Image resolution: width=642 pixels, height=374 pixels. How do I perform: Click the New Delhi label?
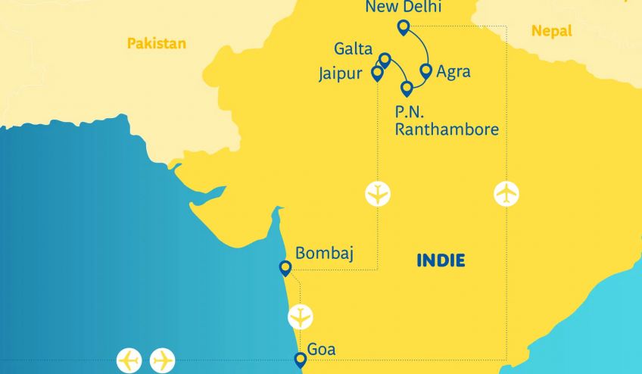pos(403,8)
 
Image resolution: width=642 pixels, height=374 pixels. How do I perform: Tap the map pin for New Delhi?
pos(404,28)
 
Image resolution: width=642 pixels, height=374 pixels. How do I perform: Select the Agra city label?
pos(453,73)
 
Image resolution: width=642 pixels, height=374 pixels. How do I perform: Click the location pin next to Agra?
pos(425,70)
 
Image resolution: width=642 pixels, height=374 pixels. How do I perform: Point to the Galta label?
pos(354,50)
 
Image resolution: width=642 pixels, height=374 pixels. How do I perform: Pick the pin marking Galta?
pos(385,59)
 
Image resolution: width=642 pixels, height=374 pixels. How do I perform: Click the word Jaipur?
pos(343,74)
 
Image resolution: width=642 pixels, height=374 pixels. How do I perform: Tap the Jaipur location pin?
pos(377,73)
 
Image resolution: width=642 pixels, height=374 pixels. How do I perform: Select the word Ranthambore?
pos(447,129)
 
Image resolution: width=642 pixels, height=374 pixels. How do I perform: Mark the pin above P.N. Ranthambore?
pos(407,88)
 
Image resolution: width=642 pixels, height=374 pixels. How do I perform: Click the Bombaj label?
pos(324,252)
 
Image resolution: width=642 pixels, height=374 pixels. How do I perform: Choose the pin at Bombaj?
pos(285,267)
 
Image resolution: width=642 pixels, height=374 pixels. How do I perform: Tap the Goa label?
pos(321,350)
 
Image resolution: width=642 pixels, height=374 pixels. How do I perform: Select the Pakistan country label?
pos(156,43)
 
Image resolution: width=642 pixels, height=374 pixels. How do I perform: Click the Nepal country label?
pos(551,31)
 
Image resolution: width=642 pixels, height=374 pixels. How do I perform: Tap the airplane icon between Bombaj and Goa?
pos(301,316)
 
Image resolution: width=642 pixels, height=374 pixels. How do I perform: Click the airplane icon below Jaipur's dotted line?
pos(377,194)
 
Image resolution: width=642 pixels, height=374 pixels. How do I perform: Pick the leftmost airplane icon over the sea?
pos(129,360)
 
